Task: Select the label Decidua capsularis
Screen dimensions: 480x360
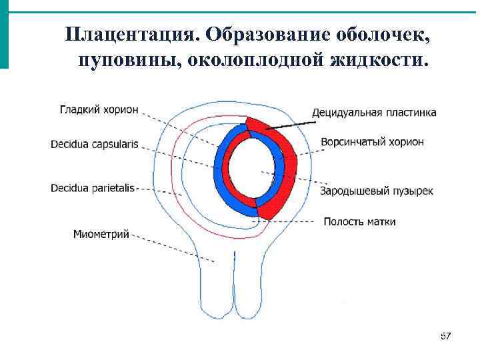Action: pos(95,144)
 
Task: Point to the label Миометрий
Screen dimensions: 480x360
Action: pos(101,234)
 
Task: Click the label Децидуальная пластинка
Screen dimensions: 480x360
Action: pos(374,112)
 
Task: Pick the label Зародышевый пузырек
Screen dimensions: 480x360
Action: pos(377,191)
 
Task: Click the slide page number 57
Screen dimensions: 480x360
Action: pos(445,336)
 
